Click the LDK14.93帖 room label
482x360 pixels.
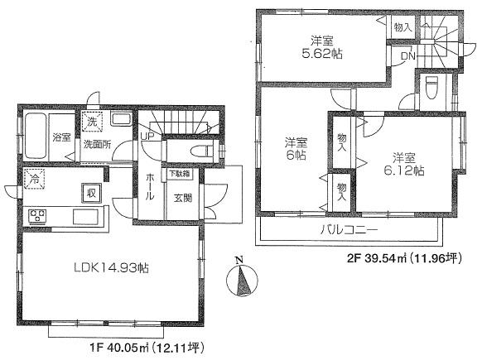110,268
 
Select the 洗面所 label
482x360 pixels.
96,144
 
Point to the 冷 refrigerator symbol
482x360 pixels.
34,178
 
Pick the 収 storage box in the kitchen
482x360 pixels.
86,192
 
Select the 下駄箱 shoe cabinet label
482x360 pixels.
179,175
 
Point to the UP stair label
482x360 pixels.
147,137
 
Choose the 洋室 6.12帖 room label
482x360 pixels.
406,165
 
